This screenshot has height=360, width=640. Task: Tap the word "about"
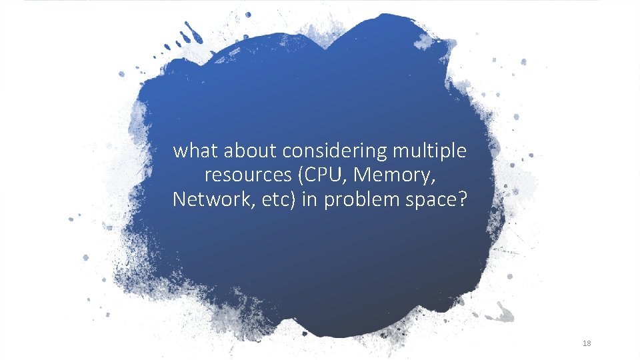(x=249, y=151)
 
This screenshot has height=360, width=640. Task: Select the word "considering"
(x=335, y=152)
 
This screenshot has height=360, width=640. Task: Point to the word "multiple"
(x=429, y=152)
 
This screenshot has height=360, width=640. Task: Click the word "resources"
(x=247, y=176)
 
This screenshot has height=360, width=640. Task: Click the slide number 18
(x=587, y=343)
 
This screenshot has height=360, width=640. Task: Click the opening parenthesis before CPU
(x=302, y=176)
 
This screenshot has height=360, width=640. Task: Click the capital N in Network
(x=179, y=199)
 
